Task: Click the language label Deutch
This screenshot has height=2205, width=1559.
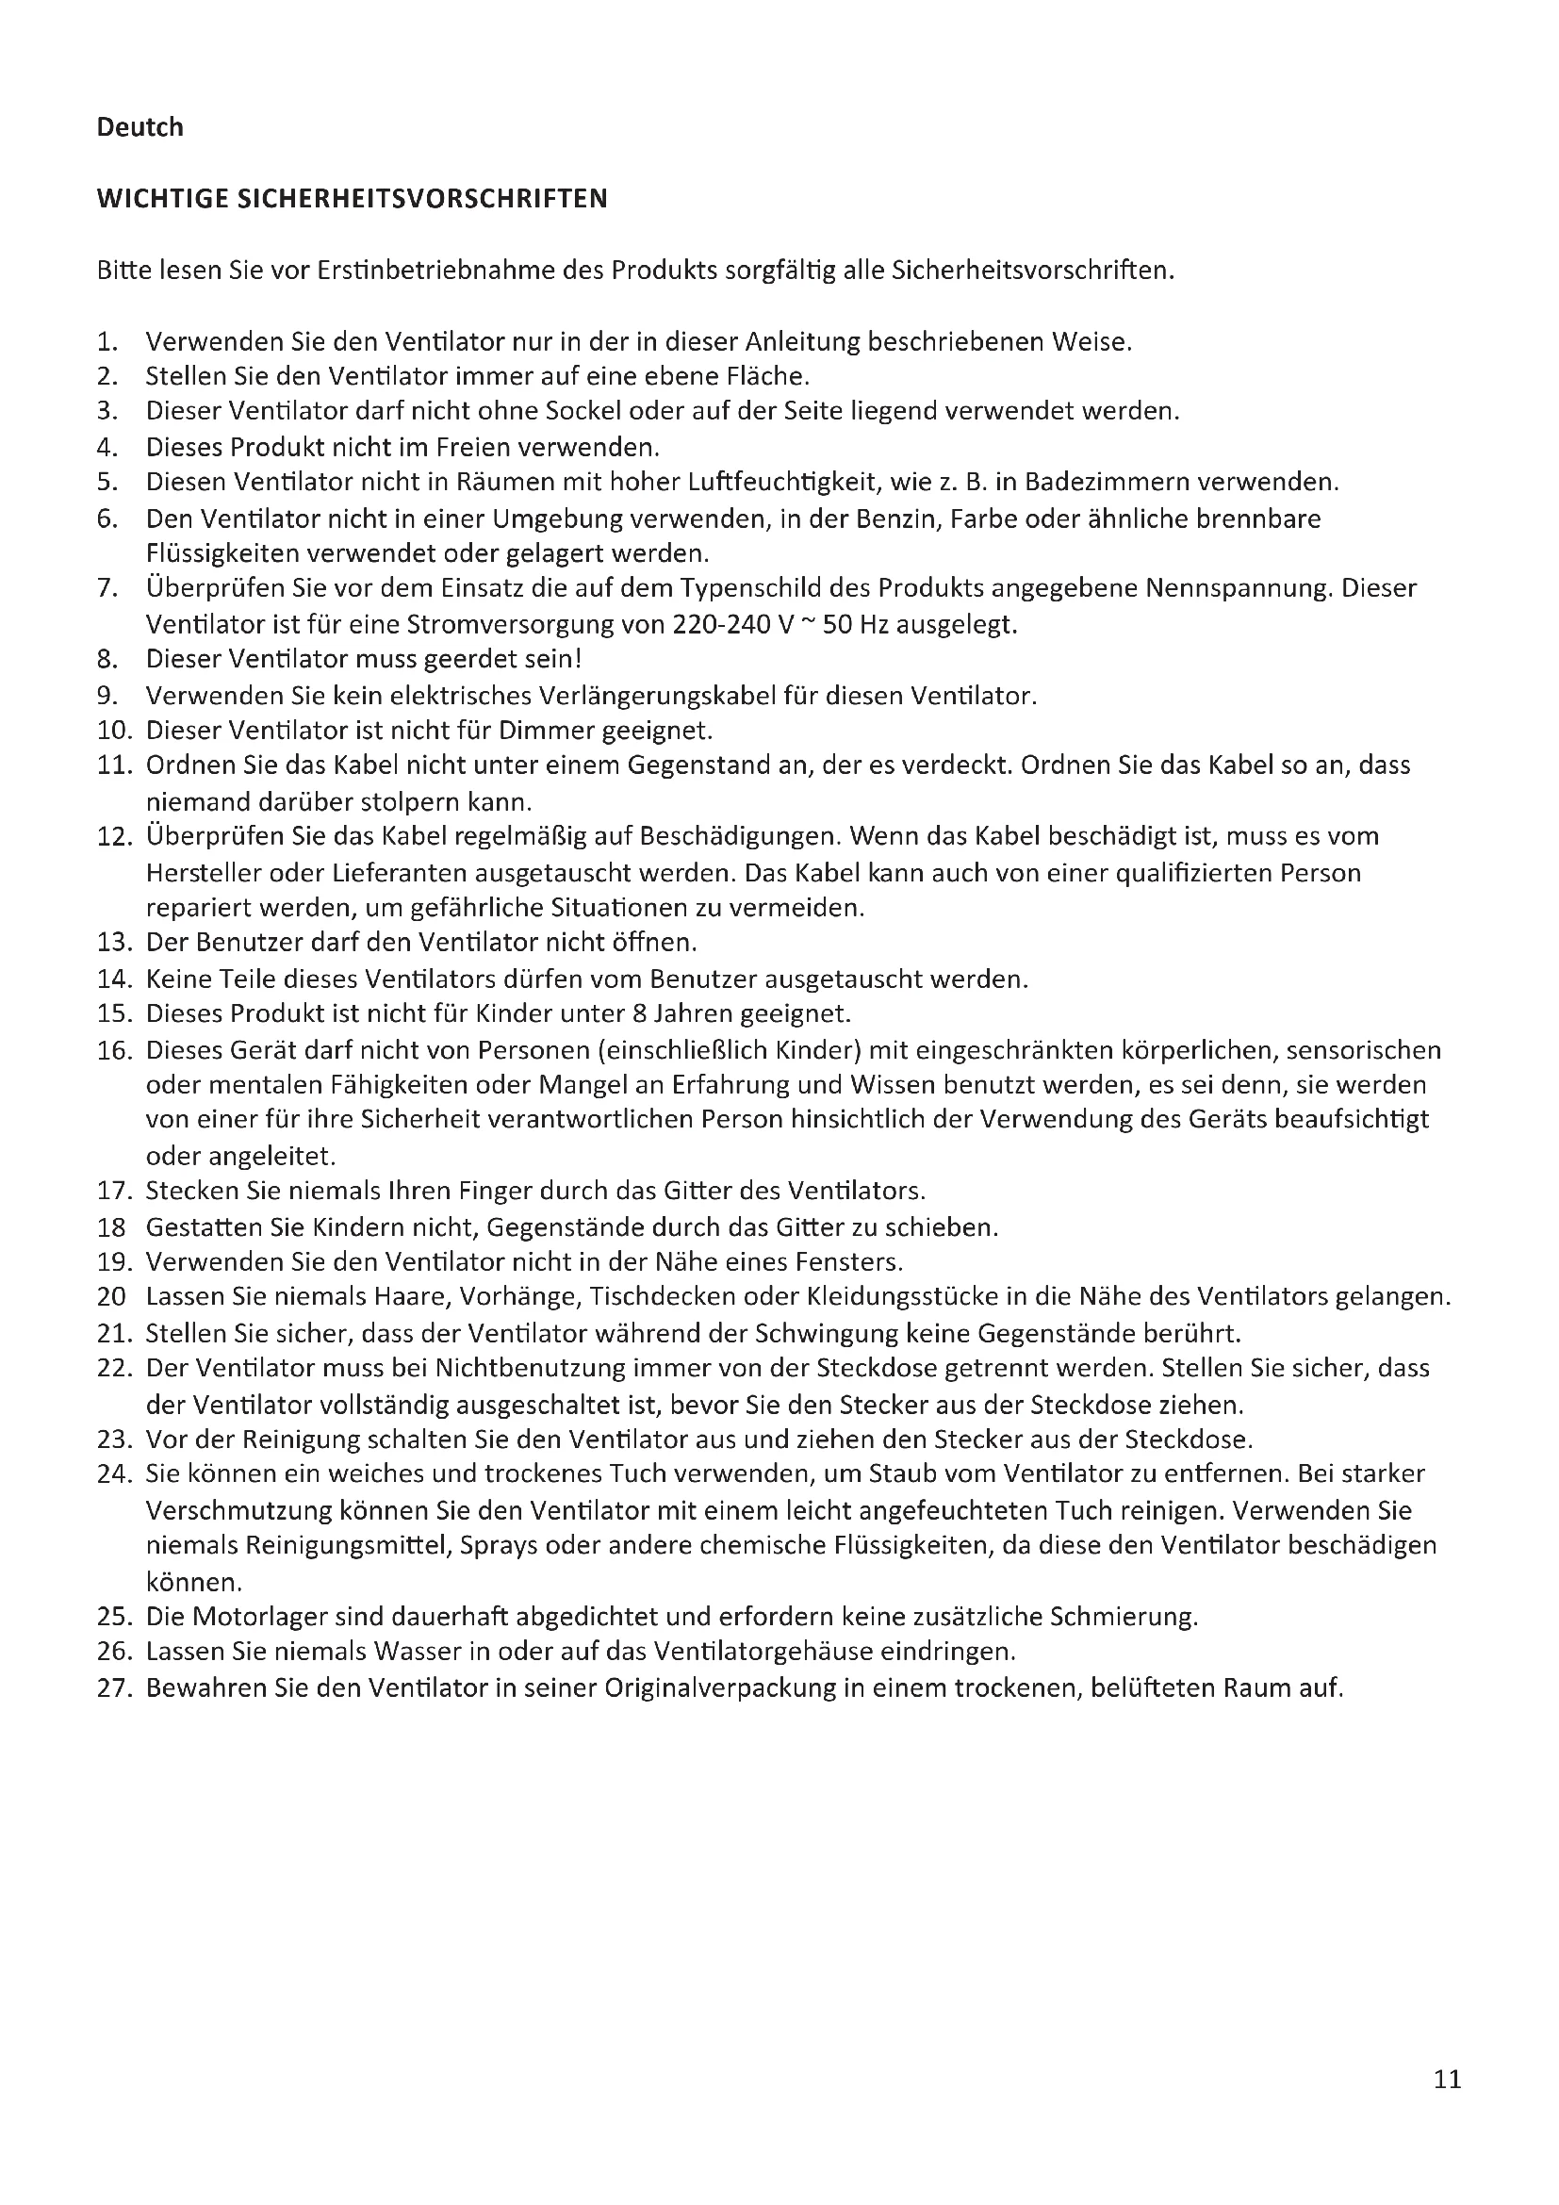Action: pyautogui.click(x=139, y=126)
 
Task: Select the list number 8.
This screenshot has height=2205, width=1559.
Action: pyautogui.click(x=107, y=660)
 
